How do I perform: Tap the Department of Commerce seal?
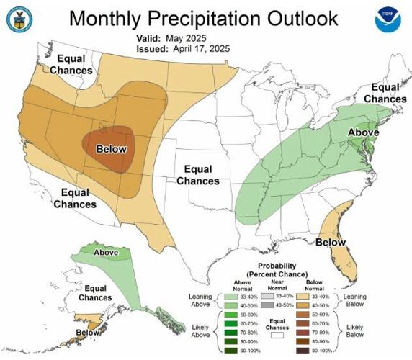19,20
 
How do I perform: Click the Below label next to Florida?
330,243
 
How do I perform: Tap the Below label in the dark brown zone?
111,149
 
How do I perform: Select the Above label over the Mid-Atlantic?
363,132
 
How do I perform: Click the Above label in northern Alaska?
106,253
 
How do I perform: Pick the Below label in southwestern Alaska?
88,333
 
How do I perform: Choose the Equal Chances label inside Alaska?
95,292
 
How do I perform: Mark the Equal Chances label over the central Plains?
198,175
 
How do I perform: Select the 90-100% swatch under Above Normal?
230,351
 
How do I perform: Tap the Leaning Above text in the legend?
198,300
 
